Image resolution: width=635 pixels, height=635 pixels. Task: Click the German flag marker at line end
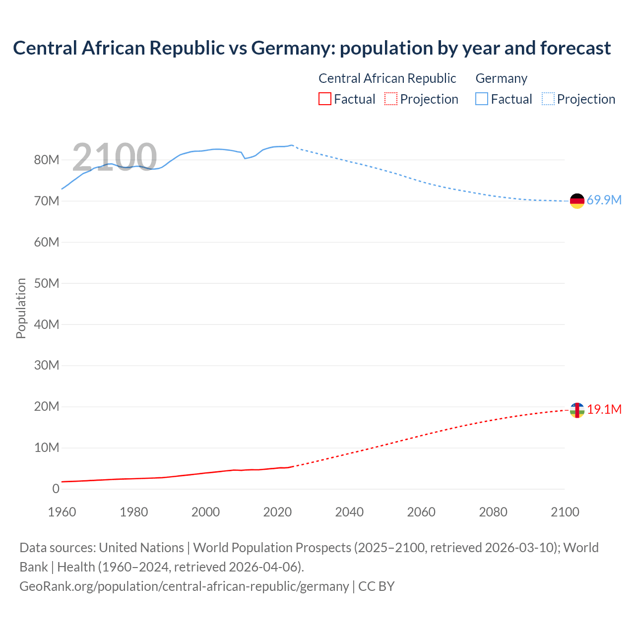[577, 201]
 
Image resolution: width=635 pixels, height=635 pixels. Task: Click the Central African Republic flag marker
[577, 410]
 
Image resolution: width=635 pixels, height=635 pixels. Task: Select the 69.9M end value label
[604, 200]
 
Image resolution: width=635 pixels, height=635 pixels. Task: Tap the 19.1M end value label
[604, 410]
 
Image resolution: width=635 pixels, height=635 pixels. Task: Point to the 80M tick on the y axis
[47, 160]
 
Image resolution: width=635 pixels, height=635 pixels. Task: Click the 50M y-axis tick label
[47, 283]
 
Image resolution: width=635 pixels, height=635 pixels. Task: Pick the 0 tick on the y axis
[56, 489]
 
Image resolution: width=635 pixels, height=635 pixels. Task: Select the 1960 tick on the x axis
[62, 512]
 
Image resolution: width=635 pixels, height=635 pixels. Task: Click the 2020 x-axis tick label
[277, 512]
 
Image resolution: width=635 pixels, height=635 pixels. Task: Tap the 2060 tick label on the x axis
[421, 512]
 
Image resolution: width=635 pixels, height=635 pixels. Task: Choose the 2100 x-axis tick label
[565, 512]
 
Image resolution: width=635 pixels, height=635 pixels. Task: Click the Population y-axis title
[21, 308]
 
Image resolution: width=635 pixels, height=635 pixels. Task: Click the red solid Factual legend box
[325, 99]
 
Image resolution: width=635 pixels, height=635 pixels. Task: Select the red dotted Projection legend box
[391, 99]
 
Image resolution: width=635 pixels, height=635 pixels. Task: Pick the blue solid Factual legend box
[482, 99]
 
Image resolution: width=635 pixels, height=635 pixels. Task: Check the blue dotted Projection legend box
[548, 99]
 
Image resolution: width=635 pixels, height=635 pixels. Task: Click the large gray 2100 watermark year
[115, 157]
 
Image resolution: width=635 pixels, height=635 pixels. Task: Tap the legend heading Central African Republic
[387, 78]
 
